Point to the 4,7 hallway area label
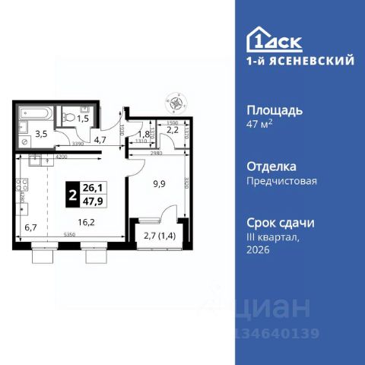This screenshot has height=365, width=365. click(x=100, y=139)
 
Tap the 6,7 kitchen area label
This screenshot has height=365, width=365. click(x=31, y=227)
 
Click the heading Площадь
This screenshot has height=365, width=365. click(x=275, y=109)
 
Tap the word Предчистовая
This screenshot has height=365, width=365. click(x=281, y=181)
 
